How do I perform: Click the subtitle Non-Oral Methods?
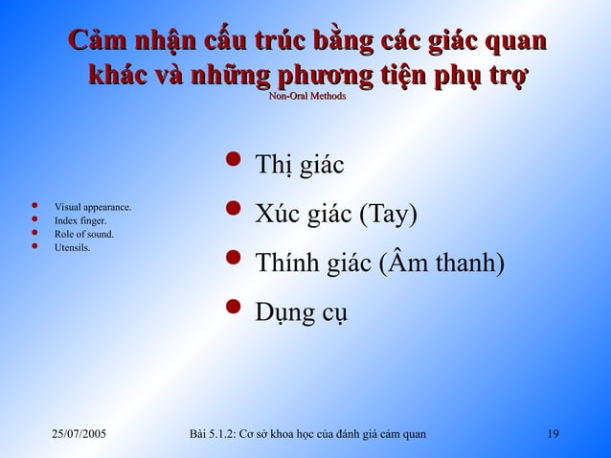tap(306, 97)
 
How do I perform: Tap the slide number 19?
tap(552, 436)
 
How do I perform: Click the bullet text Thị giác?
tap(299, 167)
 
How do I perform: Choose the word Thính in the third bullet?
tap(284, 262)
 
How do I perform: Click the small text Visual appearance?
tap(93, 207)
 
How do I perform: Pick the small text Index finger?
tap(80, 220)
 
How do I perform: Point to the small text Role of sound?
tap(84, 234)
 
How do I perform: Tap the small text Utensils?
tap(73, 248)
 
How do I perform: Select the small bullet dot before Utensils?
tap(34, 246)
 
